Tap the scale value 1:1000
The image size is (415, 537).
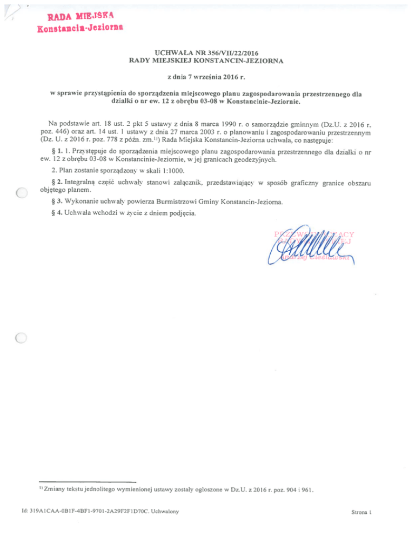(x=171, y=172)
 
